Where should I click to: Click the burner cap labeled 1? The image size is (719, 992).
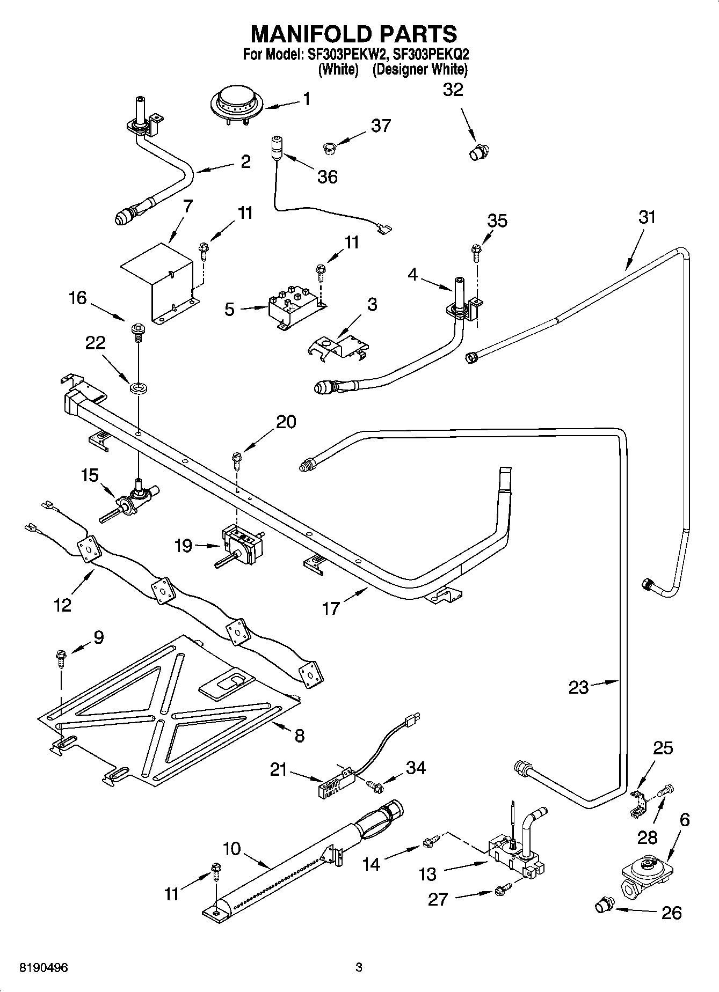pyautogui.click(x=236, y=104)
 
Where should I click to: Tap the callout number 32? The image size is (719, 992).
pyautogui.click(x=453, y=90)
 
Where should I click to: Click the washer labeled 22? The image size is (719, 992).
pyautogui.click(x=139, y=386)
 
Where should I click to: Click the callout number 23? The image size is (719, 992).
pyautogui.click(x=578, y=688)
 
